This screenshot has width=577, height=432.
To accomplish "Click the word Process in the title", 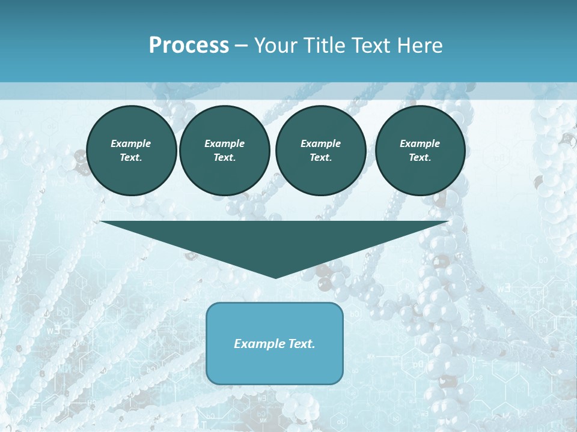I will [x=189, y=46].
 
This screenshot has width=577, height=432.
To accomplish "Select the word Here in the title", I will [x=420, y=46].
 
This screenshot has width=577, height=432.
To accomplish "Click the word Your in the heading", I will [x=275, y=46].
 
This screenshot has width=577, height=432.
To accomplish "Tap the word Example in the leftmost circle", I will [x=131, y=143].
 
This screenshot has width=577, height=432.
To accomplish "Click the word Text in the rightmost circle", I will [x=420, y=157].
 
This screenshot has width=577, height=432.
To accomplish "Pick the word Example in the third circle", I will [x=320, y=143].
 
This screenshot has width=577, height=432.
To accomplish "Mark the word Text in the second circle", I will [x=224, y=157].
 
